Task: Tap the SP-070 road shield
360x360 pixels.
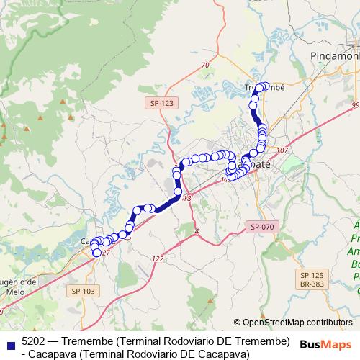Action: point(262,227)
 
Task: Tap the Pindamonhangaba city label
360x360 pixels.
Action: point(335,55)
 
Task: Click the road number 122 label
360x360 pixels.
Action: point(158,258)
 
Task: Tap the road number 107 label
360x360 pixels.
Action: point(282,150)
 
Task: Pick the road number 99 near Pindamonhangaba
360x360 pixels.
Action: point(355,106)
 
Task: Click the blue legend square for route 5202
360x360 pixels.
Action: point(9,343)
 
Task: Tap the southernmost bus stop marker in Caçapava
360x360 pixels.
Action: point(96,253)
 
